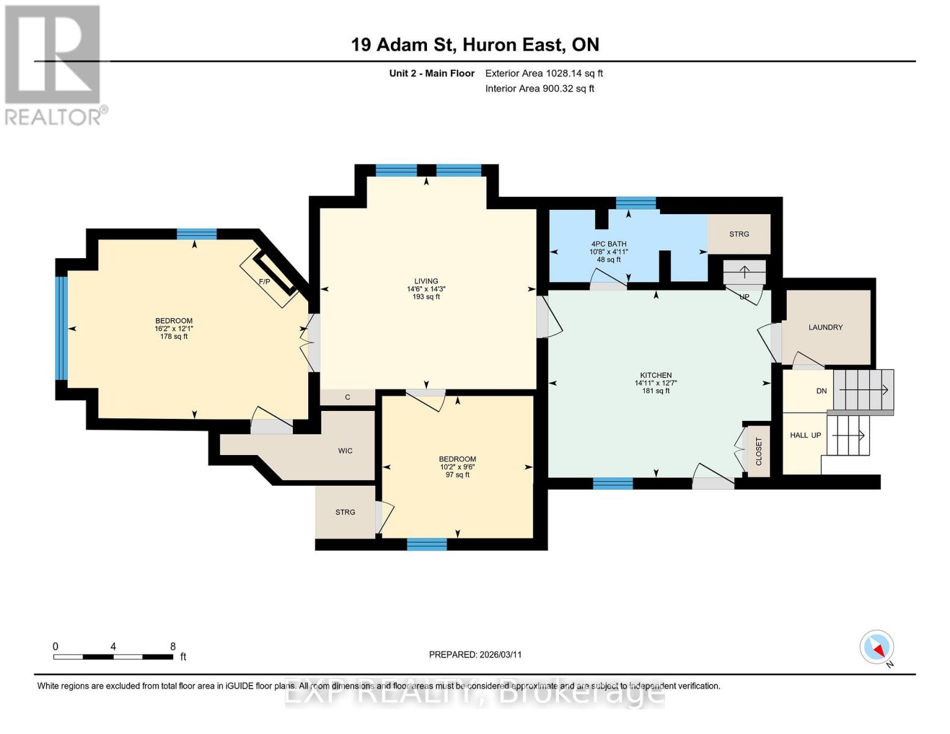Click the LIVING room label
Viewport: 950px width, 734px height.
click(426, 281)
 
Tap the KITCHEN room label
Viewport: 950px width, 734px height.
click(656, 375)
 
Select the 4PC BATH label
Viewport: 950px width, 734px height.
click(608, 244)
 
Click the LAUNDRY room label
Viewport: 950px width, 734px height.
click(825, 327)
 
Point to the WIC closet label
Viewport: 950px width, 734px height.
click(345, 451)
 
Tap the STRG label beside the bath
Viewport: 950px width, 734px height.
click(739, 234)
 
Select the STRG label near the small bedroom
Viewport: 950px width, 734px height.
click(345, 512)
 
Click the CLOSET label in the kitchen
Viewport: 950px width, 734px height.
click(759, 451)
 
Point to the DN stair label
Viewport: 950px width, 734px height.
click(821, 391)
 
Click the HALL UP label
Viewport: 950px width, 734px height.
click(805, 435)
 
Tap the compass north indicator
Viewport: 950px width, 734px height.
click(877, 647)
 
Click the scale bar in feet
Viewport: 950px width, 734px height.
click(113, 656)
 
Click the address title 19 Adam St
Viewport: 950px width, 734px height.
click(475, 45)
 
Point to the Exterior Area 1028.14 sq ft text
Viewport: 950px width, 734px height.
click(544, 73)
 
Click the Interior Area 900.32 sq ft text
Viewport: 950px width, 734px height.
click(540, 89)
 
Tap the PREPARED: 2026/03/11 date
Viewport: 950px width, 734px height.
click(475, 654)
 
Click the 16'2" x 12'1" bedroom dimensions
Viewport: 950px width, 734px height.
click(174, 328)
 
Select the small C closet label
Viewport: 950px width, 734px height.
click(347, 397)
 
